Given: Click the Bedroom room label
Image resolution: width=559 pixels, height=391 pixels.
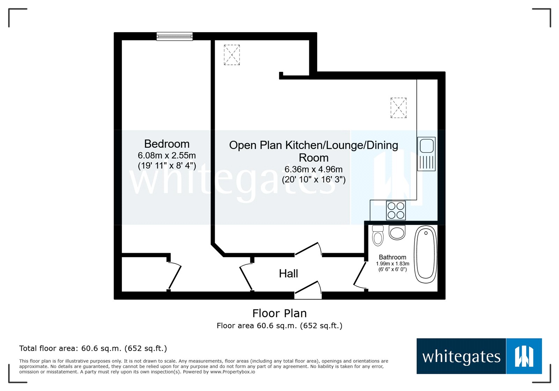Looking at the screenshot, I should tap(167, 144).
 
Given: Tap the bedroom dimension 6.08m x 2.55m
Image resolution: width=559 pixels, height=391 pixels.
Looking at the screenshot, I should tap(167, 155).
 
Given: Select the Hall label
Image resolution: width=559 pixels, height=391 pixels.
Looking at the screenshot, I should tap(288, 274).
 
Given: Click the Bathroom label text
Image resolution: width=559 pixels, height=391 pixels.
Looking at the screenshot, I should tap(392, 257).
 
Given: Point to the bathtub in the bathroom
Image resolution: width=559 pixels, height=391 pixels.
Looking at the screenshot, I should tap(426, 254).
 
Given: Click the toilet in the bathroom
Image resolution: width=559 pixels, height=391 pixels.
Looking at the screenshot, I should tap(378, 236).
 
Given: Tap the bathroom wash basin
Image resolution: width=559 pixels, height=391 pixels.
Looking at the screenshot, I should tap(397, 233).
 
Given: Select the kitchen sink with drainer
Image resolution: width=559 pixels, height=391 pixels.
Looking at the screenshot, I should tap(426, 154).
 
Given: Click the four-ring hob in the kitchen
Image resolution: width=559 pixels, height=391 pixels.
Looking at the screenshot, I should tap(396, 210).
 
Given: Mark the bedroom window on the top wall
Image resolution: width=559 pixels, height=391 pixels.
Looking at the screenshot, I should tap(174, 36).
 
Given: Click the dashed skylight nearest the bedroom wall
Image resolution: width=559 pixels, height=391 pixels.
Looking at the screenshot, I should tap(232, 55).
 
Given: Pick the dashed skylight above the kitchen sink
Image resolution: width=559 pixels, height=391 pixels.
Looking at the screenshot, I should tap(398, 108).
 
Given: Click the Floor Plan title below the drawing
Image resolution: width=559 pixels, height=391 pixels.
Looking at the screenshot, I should tap(279, 313).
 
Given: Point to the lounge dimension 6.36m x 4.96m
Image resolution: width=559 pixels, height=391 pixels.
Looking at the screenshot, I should tap(313, 169).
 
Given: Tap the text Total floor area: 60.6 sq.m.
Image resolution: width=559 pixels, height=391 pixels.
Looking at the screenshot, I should tap(93, 348).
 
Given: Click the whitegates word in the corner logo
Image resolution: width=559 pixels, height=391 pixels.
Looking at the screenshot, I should tap(461, 357).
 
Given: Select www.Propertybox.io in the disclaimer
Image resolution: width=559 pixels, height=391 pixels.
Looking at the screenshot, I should tap(232, 372).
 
